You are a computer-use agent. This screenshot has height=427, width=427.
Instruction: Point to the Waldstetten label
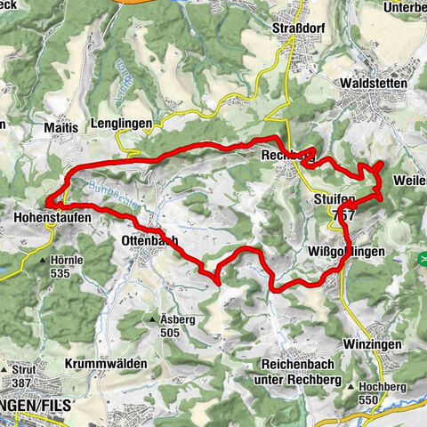pos(373,83)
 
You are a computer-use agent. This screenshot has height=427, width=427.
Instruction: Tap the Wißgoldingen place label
pos(348,252)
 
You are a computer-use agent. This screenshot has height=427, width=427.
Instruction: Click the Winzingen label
pos(373,343)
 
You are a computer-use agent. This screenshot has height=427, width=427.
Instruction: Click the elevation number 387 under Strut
pos(22,381)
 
